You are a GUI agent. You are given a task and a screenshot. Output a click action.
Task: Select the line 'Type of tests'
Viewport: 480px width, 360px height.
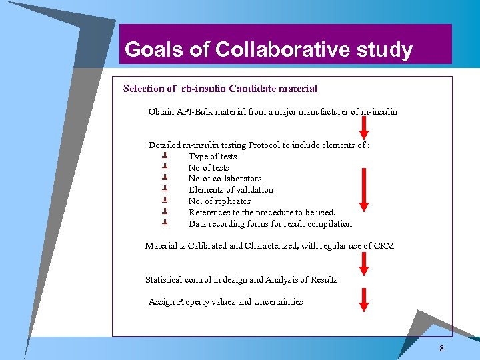tap(213, 157)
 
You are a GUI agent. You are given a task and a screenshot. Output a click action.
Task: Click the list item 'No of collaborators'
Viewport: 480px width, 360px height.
tap(225, 179)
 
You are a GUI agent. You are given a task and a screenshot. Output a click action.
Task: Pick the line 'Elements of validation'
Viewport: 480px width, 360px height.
tap(231, 190)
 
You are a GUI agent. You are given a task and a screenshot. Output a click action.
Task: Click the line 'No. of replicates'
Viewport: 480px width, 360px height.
tap(219, 201)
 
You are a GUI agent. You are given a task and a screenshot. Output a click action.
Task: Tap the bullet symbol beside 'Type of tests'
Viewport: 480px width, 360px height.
tap(163, 156)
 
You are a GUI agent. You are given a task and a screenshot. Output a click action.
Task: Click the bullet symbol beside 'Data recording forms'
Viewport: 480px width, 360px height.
tap(163, 223)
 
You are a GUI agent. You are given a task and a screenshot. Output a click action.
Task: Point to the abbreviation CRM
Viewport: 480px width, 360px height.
tap(384, 246)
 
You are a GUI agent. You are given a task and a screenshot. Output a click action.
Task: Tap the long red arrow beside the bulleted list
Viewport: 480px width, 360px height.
tap(364, 189)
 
